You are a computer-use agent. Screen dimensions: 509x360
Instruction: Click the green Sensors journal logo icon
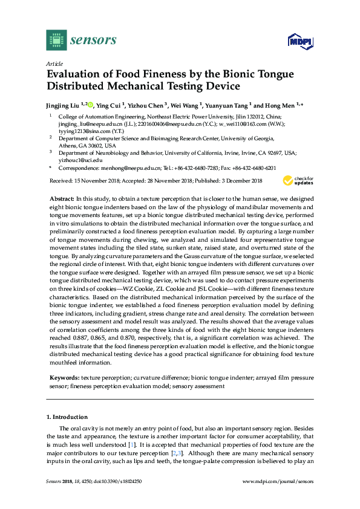[56, 40]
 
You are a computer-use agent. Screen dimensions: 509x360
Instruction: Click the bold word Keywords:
[64, 377]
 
